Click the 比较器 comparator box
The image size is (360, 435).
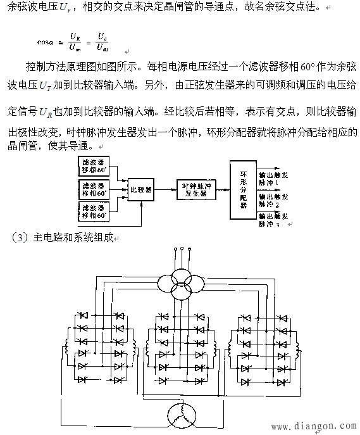tap(140, 189)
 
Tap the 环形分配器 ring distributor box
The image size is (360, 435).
tap(243, 190)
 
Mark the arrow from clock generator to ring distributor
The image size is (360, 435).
tap(223, 189)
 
